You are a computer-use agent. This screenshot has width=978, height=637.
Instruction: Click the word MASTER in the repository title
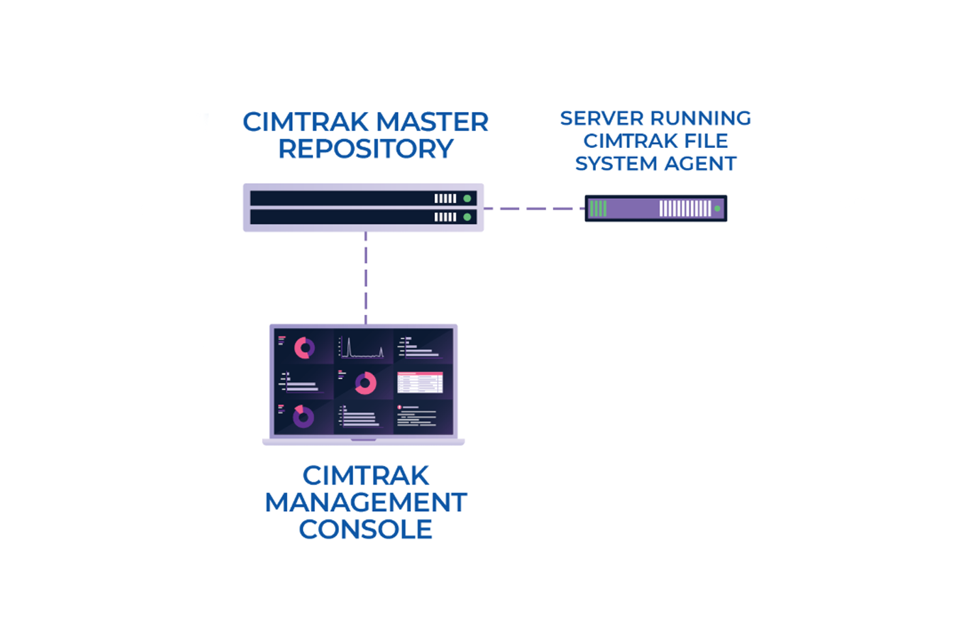click(x=432, y=123)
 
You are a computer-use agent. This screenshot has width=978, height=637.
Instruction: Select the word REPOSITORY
click(x=365, y=149)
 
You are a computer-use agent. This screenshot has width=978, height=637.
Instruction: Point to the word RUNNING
click(x=700, y=119)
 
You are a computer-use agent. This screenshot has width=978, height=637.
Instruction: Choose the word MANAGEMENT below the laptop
click(x=366, y=503)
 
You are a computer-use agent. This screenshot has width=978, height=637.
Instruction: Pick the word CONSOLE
click(x=366, y=529)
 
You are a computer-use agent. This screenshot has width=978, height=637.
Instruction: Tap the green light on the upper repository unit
click(x=467, y=198)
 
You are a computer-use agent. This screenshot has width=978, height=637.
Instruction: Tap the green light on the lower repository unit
click(x=467, y=217)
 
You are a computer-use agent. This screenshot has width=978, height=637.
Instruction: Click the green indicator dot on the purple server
click(x=717, y=209)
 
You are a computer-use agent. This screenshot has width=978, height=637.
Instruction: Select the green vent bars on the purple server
click(x=598, y=209)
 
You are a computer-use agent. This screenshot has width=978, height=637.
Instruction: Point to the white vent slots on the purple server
click(x=685, y=209)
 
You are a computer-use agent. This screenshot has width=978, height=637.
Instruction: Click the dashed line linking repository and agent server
click(x=534, y=209)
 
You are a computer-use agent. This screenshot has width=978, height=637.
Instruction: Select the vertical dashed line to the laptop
click(x=366, y=277)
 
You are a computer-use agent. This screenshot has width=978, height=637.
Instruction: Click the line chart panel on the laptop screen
click(x=363, y=348)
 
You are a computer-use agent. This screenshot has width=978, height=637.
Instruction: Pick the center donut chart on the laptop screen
click(x=365, y=383)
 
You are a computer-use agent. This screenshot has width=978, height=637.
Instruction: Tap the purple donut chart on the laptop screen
click(x=303, y=417)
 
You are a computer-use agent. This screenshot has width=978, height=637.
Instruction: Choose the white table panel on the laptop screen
click(x=420, y=383)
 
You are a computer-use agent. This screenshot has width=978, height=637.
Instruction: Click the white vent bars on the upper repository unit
click(x=445, y=198)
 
